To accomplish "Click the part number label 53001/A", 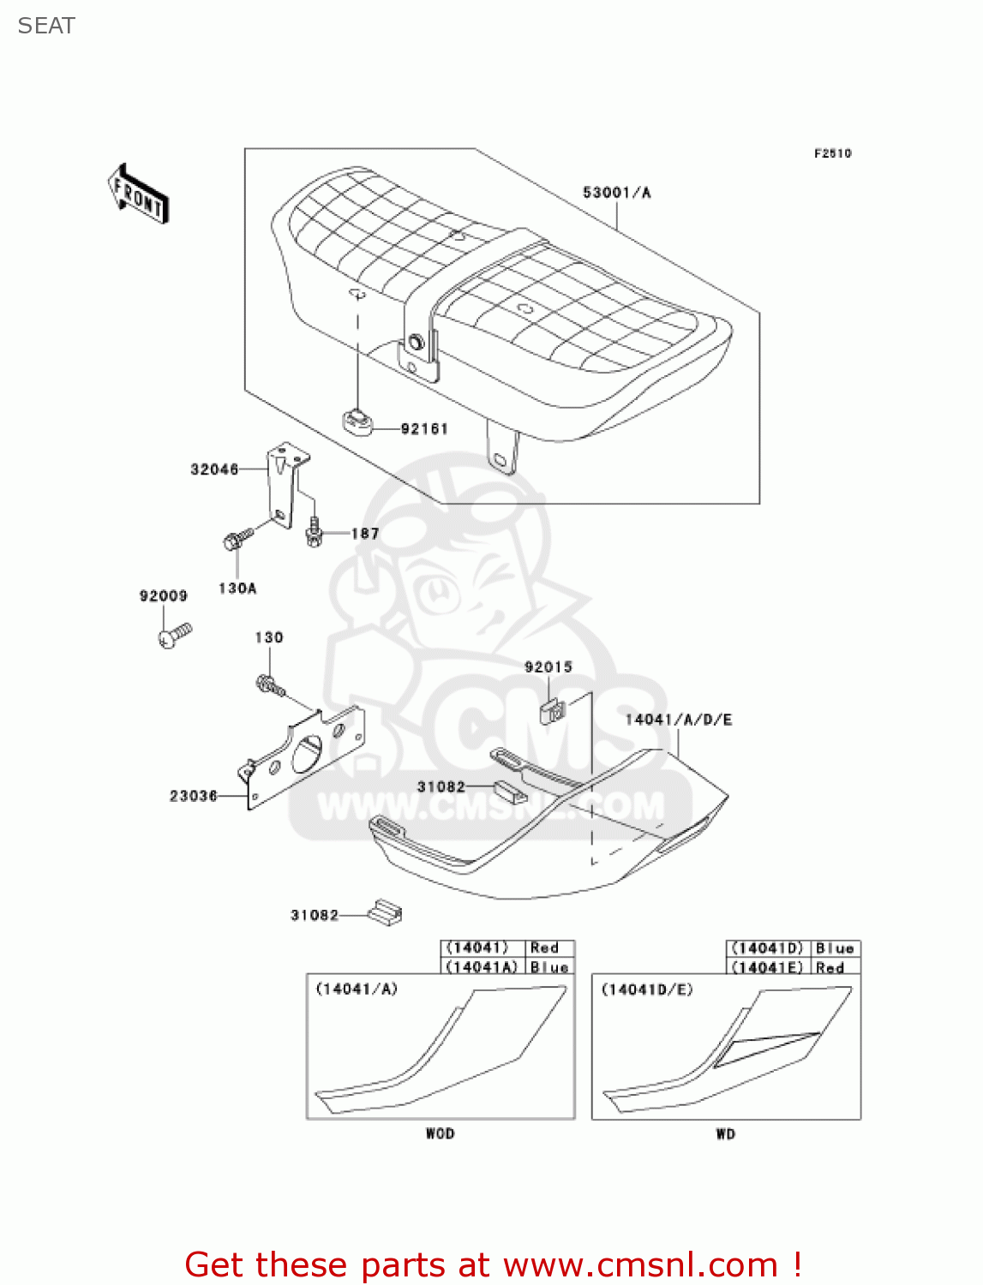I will point(616,193).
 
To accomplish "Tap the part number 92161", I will point(424,428).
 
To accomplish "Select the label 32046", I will point(214,469).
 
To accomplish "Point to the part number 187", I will point(365,534).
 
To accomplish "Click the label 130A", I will point(237,589).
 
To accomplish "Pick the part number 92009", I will point(164,596).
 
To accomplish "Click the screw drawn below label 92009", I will point(175,636).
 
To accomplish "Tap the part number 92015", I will point(548,667).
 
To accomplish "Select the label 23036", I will point(194,796).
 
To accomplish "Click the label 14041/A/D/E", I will point(679,720).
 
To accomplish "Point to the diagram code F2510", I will point(832,153).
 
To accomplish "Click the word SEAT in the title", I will point(46,26).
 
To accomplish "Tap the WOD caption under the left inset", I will point(441,1133).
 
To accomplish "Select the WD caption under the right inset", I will point(726,1133).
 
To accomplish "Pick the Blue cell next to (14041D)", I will point(835,948).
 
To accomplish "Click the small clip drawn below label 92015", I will point(553,710).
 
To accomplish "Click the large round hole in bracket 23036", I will point(306,752).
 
